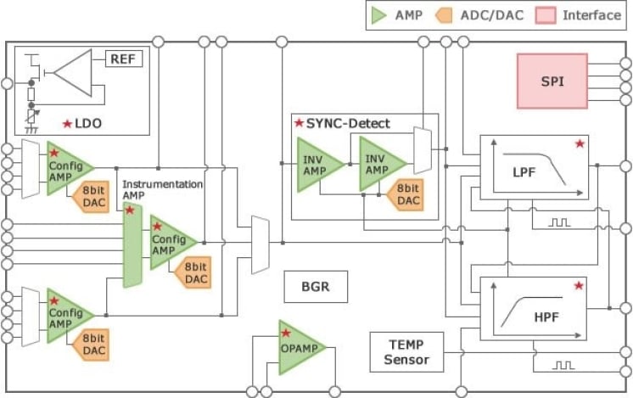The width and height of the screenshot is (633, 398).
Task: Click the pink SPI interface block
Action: [x=552, y=81]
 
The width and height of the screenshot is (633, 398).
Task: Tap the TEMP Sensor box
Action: [x=406, y=352]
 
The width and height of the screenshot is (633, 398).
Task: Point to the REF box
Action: [x=124, y=59]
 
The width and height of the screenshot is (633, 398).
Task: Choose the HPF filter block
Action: [x=533, y=310]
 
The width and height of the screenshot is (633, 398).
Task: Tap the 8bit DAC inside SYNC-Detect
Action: [x=406, y=194]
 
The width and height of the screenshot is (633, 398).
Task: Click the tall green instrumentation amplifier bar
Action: [x=132, y=247]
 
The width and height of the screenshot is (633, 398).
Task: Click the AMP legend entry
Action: [x=398, y=15]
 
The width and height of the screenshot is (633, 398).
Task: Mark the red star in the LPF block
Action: [x=580, y=144]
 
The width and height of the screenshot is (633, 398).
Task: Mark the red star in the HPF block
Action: [x=580, y=287]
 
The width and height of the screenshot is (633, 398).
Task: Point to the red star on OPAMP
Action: [x=287, y=331]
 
